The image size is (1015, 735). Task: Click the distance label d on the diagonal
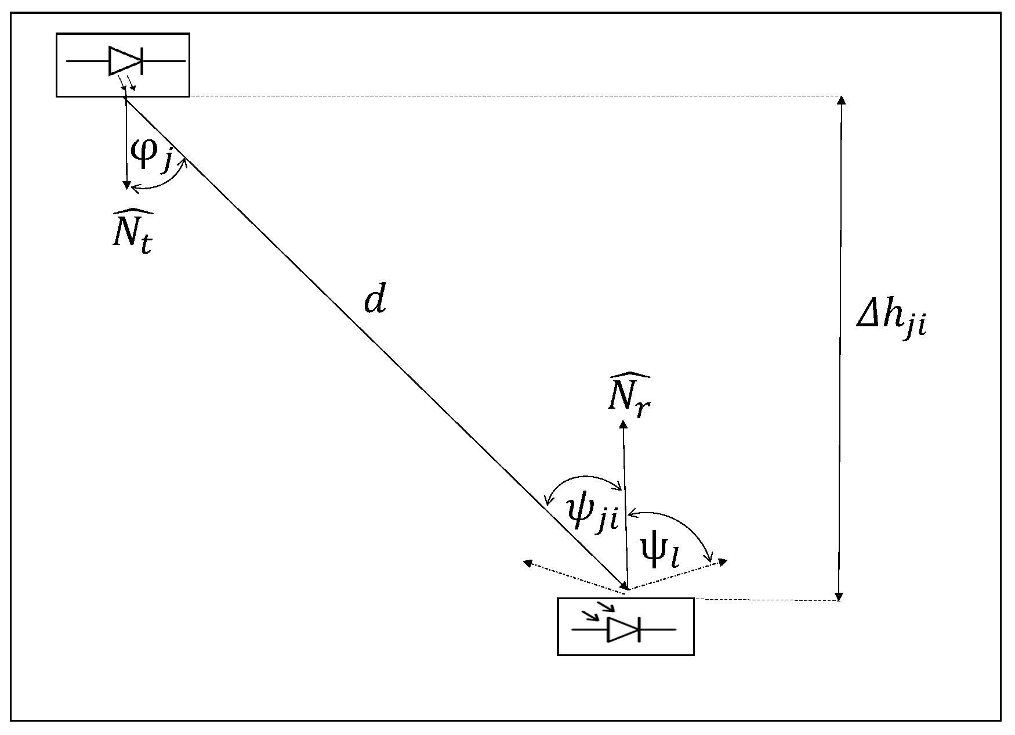(x=375, y=301)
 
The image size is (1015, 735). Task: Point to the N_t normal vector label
(x=133, y=230)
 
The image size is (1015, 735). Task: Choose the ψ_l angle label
(x=661, y=553)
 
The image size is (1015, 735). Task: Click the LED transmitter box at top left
(x=123, y=64)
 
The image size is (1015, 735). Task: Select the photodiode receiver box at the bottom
(x=625, y=626)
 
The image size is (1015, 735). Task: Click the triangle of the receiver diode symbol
(x=622, y=629)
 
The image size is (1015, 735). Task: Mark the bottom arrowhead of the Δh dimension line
(x=839, y=597)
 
